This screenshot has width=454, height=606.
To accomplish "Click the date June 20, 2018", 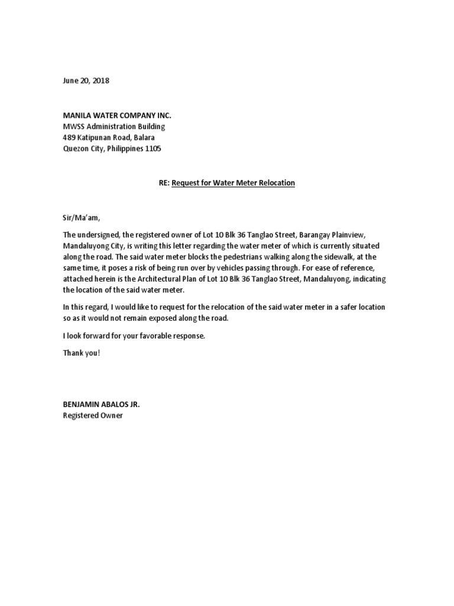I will pos(86,81).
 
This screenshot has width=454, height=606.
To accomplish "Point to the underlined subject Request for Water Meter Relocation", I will pos(233,183).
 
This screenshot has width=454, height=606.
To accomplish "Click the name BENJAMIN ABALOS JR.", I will pos(102,404).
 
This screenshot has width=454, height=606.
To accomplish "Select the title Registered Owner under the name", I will pos(93,415).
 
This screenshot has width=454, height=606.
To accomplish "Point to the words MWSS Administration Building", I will pos(114,127).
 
